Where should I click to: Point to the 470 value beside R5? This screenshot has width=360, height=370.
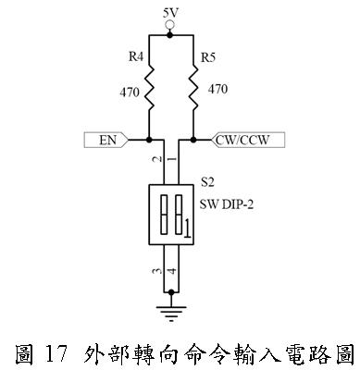(217, 91)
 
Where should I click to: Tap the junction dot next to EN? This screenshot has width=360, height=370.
(149, 141)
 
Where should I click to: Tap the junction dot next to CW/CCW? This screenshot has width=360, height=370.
(193, 141)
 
